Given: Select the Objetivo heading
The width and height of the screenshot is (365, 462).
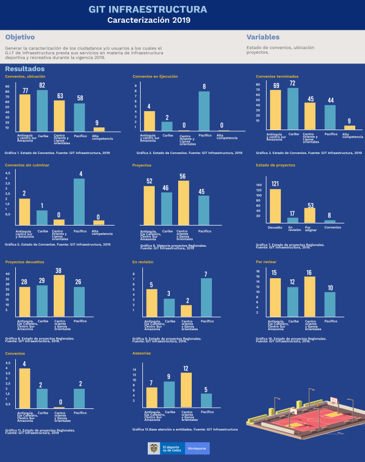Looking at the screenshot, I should click(x=20, y=37).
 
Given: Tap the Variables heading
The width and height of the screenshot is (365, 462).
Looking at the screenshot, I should click(x=263, y=37).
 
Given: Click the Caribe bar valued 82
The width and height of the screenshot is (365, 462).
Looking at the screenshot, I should click(x=42, y=111).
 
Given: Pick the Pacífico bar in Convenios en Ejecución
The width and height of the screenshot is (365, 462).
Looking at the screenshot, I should click(x=204, y=111).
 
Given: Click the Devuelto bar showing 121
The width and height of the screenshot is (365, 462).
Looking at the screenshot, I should click(x=275, y=206).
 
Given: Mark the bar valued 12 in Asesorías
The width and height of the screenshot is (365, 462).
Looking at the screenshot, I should click(x=186, y=390).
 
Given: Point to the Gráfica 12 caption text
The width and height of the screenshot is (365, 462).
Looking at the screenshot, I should click(x=185, y=429).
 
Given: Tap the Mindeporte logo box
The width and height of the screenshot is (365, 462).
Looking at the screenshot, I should click(x=197, y=448).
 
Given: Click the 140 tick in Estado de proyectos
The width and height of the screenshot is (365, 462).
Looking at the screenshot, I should click(x=259, y=185).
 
